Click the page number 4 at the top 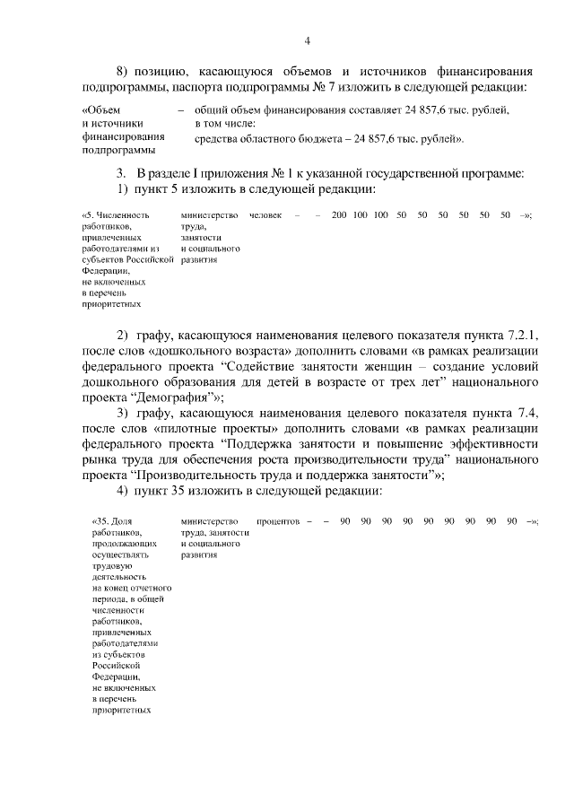(308, 40)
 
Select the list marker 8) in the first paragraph (125, 71)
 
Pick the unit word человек (265, 215)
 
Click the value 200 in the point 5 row (338, 215)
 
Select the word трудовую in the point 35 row (110, 566)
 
